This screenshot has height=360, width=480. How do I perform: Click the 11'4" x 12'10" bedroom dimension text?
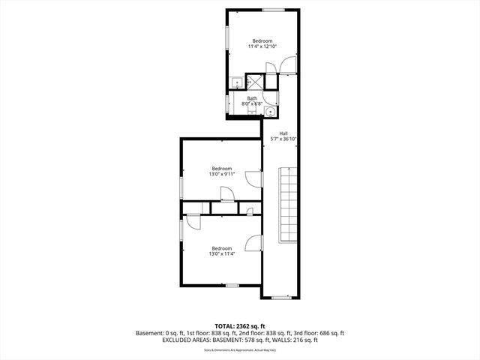point(262,46)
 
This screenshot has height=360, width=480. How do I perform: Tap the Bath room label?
point(253,98)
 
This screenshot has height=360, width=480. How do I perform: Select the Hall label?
point(284,133)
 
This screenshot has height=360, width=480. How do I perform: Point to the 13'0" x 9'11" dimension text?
point(221,174)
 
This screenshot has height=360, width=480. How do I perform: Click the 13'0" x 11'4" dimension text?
point(221,253)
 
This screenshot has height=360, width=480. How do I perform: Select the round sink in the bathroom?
point(270,111)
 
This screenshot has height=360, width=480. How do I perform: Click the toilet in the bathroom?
point(235,83)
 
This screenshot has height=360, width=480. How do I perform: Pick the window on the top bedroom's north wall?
point(273,10)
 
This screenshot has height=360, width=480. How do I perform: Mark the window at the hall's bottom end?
point(281,298)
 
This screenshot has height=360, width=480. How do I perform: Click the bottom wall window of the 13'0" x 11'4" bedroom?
point(232,285)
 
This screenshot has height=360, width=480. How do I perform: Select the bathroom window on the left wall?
point(228,103)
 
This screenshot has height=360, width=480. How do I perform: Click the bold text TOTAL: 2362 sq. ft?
point(239,326)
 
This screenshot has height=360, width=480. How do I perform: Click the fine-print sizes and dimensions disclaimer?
point(239,349)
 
